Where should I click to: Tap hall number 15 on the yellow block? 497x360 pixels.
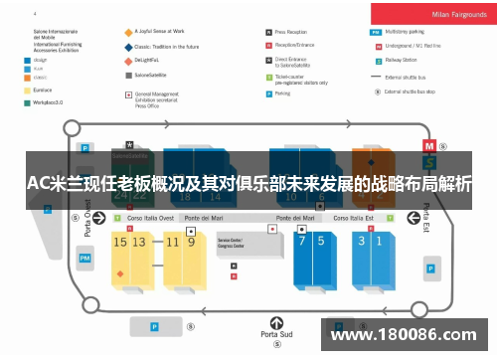coord(120,241)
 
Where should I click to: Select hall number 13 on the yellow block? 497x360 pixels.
coord(139,241)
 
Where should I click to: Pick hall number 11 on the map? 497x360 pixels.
coord(170,241)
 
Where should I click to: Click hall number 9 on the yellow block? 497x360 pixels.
coord(189,241)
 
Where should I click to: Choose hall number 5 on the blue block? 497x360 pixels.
coord(321,241)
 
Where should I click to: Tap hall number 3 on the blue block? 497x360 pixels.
coord(363,241)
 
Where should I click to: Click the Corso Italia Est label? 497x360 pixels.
coord(355,218)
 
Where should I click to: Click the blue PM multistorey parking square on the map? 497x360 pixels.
coord(84,259)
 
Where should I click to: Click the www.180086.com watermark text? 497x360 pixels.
coord(402,334)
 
